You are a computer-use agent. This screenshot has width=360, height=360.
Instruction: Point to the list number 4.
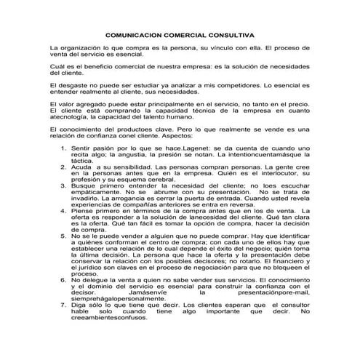click(64, 211)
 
